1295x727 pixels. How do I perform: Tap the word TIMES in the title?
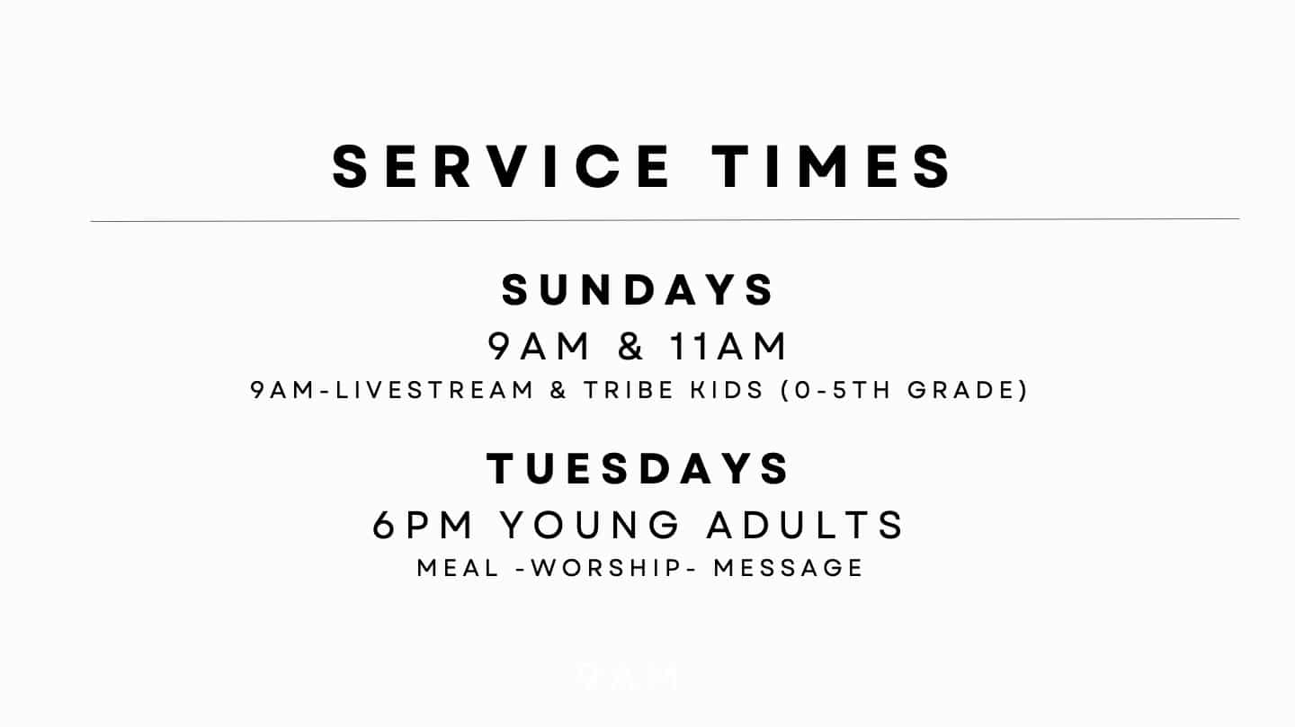833,166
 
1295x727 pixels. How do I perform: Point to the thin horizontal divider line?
665,219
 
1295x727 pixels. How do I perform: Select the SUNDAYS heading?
639,290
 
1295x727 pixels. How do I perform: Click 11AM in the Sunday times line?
728,347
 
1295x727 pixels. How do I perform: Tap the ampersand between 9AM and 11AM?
631,347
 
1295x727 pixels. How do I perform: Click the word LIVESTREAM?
435,391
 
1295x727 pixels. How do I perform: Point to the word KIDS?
728,391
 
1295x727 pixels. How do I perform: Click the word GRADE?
961,391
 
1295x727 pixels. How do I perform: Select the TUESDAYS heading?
639,469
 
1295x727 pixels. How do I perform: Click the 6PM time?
424,526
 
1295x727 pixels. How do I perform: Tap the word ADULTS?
806,526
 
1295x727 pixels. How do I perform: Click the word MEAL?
458,568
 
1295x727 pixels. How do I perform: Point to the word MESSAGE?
789,568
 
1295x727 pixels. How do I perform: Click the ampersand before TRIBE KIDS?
558,391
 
